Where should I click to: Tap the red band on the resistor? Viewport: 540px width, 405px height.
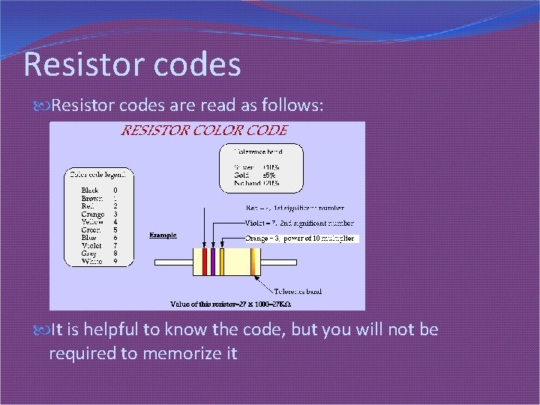coord(204,262)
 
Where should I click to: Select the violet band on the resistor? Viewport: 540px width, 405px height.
coord(212,262)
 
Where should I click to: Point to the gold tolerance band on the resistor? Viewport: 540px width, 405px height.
coord(253,262)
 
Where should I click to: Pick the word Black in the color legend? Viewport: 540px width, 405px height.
coord(90,190)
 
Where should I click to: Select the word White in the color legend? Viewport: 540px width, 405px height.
coord(91,262)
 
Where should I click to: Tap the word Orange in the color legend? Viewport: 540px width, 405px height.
coord(93,214)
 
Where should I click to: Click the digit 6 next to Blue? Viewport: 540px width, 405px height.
coord(115,238)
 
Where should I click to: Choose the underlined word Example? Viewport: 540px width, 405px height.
coord(163,235)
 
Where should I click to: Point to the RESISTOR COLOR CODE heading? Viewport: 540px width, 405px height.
coord(204,130)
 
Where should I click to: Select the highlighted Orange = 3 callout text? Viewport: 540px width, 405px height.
coord(301,238)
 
